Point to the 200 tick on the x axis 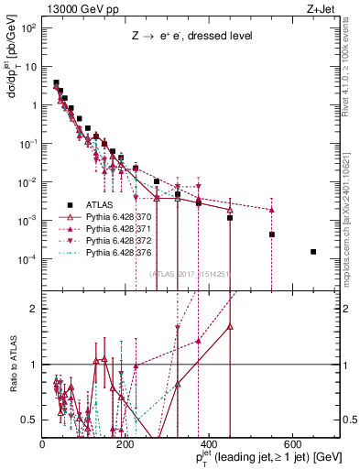coord(126,442)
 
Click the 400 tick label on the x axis coord(210,442)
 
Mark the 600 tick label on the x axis coord(293,442)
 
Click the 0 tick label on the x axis coord(43,442)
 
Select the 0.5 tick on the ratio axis coord(28,420)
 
